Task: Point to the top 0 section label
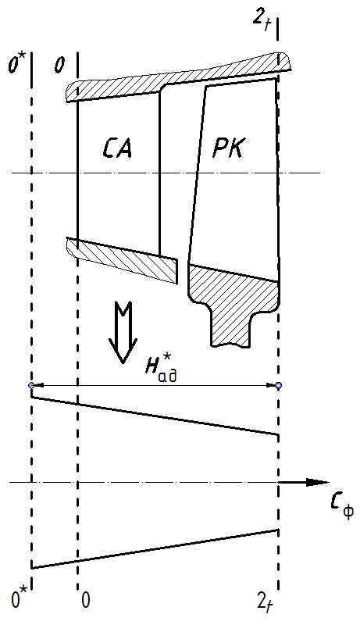(x=60, y=66)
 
